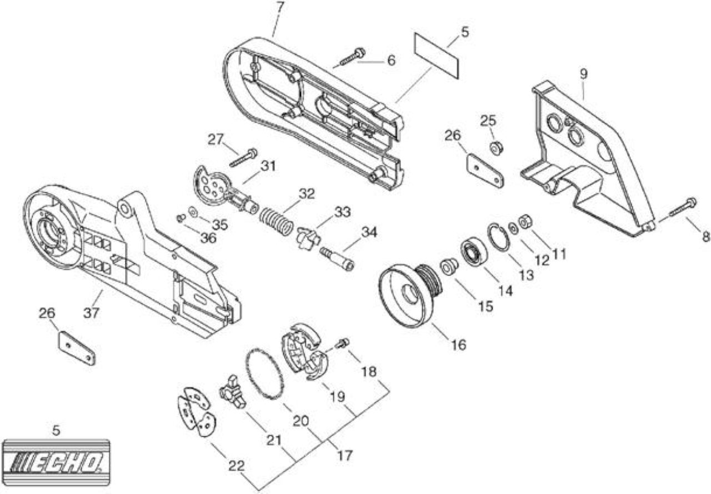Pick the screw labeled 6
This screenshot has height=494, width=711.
coord(353,57)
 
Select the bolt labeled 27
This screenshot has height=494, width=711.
coord(243,157)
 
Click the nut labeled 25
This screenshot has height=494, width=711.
coord(497,148)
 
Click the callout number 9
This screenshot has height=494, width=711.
coord(583,74)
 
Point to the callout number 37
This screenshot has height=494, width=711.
coord(92,313)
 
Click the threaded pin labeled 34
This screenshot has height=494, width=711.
coord(337,259)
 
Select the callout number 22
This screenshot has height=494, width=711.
coord(237,466)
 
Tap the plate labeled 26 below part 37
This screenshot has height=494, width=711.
coord(77,348)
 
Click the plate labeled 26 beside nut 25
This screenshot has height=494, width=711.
coord(485,171)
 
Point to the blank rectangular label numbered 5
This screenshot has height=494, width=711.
coord(437,56)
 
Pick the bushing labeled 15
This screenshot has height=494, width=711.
coord(448,266)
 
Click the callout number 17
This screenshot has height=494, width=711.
coord(344,456)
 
